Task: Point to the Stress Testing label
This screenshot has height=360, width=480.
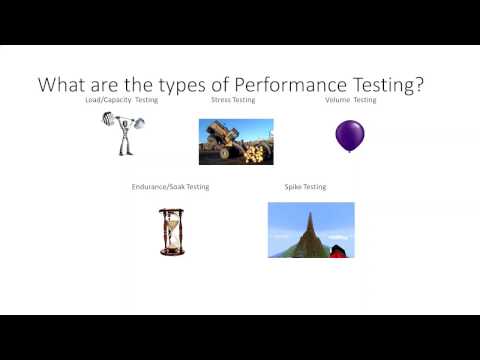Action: (233, 101)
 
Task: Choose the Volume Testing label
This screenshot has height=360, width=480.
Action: (351, 101)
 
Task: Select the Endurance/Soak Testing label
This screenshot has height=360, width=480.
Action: (171, 187)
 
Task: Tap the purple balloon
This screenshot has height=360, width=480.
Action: (349, 135)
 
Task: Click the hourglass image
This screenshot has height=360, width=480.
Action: (172, 231)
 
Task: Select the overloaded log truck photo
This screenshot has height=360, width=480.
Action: (234, 141)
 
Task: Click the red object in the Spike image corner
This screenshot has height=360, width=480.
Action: (337, 250)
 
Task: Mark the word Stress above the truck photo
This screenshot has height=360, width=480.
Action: (222, 101)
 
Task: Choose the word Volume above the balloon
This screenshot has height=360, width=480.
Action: (339, 101)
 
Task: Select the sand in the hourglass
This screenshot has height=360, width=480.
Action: (172, 242)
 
